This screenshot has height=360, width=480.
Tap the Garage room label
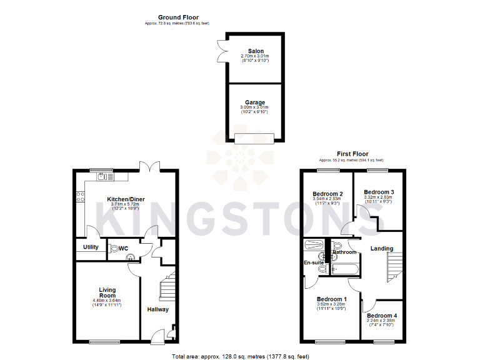click(254, 102)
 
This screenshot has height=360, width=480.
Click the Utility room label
click(91, 247)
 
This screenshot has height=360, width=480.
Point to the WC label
click(124, 248)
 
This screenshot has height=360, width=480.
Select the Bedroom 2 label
click(327, 194)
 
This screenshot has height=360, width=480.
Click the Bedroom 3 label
click(379, 192)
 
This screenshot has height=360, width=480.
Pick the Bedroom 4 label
click(382, 316)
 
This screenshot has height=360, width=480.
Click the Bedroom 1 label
click(331, 299)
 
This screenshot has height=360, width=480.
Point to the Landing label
click(382, 249)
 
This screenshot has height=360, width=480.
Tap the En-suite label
click(314, 262)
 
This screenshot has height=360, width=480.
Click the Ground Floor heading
click(178, 17)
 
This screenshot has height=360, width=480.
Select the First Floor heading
click(353, 154)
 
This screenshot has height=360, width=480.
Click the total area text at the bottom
click(240, 356)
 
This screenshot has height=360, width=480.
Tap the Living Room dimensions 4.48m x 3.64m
click(107, 301)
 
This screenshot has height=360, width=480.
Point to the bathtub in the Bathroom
click(344, 269)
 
